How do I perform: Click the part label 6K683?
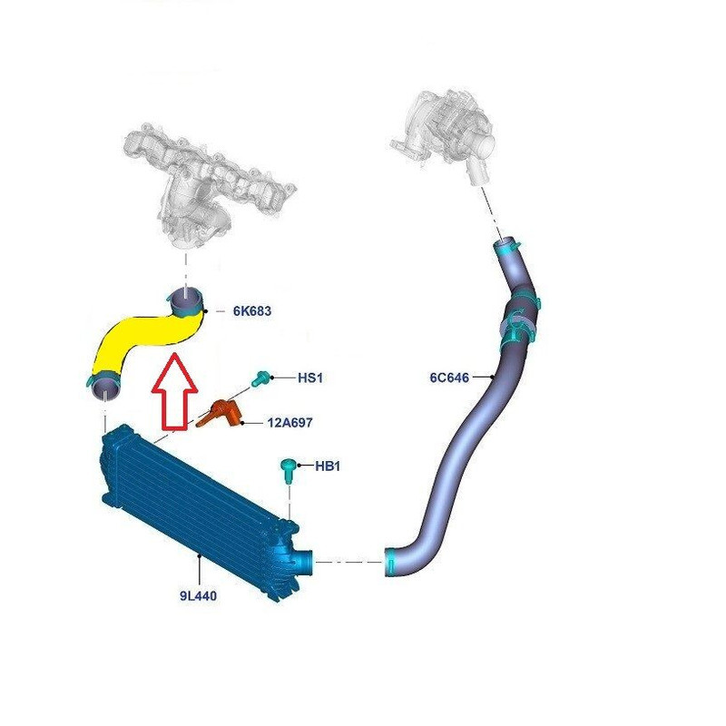point(251,310)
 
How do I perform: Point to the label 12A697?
point(291,422)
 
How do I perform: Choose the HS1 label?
point(310,377)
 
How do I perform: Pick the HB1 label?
point(327,466)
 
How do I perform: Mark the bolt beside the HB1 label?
point(289,471)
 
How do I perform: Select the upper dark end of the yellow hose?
point(186,299)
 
